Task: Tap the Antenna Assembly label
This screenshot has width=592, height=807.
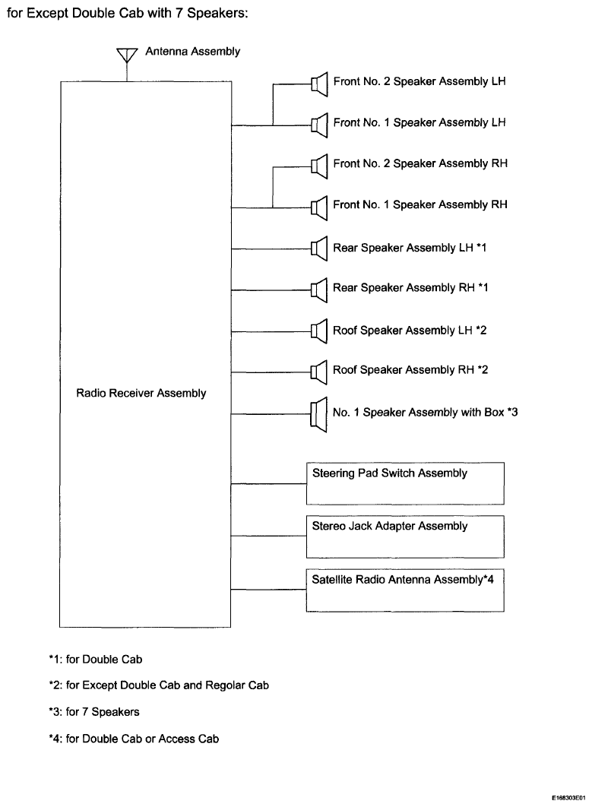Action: coord(192,52)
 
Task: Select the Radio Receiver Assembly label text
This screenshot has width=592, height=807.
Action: coord(141,393)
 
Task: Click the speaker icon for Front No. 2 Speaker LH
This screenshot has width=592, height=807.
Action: coord(319,84)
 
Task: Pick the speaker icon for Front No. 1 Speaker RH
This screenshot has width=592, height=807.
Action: coord(319,207)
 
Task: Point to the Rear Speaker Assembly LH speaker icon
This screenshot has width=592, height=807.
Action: coord(319,248)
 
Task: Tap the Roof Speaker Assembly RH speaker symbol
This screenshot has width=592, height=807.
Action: coord(319,372)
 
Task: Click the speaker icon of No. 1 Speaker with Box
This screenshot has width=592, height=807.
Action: coord(318,414)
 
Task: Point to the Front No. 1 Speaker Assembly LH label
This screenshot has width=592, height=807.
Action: coord(419,122)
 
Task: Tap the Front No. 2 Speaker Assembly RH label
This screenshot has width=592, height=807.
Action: coord(420,163)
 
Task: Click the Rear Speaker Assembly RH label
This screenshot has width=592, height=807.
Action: coord(410,288)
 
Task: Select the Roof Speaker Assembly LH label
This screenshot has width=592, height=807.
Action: coord(410,331)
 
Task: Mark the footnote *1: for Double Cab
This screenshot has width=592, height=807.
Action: coord(96,660)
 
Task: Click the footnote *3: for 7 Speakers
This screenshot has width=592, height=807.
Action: coord(94,712)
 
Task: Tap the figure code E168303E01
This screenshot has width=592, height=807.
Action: coord(569,798)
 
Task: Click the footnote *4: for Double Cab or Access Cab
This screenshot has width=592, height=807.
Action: coord(134,739)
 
